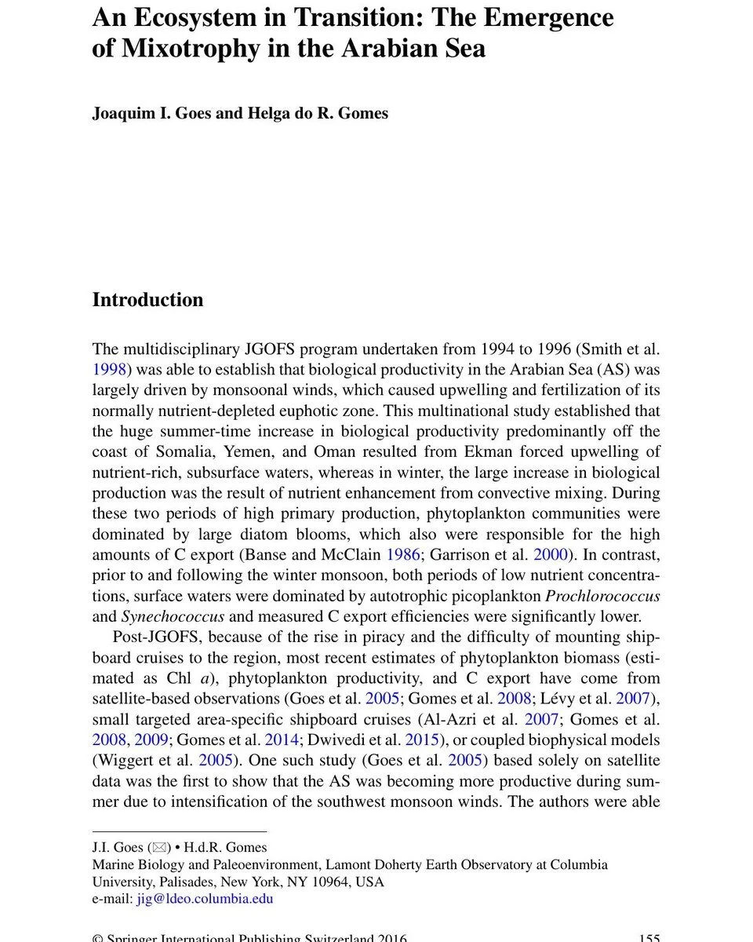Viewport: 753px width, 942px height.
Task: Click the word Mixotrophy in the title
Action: pyautogui.click(x=184, y=49)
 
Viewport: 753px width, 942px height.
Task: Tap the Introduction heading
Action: pyautogui.click(x=147, y=300)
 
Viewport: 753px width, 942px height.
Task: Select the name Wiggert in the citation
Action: pyautogui.click(x=126, y=760)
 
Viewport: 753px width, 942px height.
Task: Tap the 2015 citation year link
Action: pyautogui.click(x=421, y=739)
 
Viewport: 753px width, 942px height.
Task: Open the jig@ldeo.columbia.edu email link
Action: pyautogui.click(x=205, y=898)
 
